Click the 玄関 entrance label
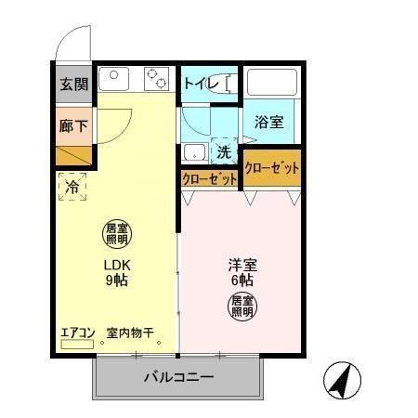74,84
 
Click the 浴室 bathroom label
269,122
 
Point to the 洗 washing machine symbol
223,151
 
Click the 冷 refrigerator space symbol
73,187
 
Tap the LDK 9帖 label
114,271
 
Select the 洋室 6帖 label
242,271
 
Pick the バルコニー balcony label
178,378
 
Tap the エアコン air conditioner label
78,332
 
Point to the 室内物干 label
129,332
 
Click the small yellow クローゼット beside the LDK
209,178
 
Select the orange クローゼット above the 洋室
273,168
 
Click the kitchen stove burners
155,78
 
